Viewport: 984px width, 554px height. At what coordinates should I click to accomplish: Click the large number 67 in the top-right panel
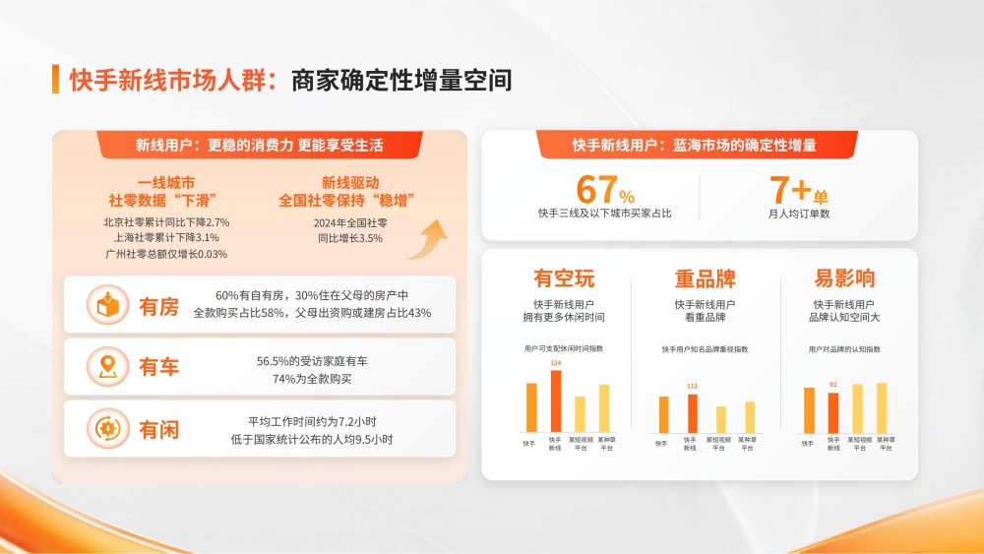coord(596,188)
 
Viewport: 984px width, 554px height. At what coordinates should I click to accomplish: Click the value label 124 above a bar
coord(556,363)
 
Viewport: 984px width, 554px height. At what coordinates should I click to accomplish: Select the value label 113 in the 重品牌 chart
coord(692,386)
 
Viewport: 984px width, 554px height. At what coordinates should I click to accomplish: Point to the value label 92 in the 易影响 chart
coord(832,385)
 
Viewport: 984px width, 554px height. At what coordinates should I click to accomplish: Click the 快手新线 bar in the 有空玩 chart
coord(556,400)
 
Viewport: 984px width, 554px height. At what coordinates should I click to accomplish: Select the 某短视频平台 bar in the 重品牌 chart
coord(721,419)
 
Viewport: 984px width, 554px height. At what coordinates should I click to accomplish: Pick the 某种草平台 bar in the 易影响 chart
coord(882,407)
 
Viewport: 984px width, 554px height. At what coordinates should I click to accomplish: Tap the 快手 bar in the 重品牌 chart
coord(663,414)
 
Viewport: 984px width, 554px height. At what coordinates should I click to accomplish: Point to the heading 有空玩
coord(564,278)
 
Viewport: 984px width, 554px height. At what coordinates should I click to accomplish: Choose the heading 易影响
coord(844,278)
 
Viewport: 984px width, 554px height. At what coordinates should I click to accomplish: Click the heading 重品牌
coord(705,278)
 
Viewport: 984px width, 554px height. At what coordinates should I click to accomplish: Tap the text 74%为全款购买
coord(312,378)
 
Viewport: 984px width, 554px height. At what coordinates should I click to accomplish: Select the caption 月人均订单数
coord(799,213)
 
